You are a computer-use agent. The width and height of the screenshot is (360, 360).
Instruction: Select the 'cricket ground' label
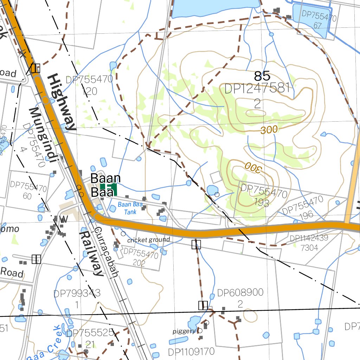click(148, 240)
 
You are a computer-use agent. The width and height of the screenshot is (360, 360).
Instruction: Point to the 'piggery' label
click(184, 331)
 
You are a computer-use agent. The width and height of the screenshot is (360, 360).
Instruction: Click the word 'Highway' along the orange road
click(62, 102)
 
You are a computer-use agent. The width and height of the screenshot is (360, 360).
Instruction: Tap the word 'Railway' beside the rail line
click(91, 253)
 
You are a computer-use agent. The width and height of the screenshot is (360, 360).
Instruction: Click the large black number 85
click(262, 76)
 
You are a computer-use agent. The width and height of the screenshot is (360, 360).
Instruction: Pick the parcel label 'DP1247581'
click(257, 89)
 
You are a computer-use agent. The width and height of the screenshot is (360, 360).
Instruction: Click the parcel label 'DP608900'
click(240, 293)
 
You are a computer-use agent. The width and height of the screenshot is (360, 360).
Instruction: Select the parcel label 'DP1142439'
click(309, 238)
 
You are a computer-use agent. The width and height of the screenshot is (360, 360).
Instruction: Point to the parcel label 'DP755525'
click(90, 333)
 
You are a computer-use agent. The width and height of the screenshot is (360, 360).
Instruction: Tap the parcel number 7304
click(309, 247)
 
